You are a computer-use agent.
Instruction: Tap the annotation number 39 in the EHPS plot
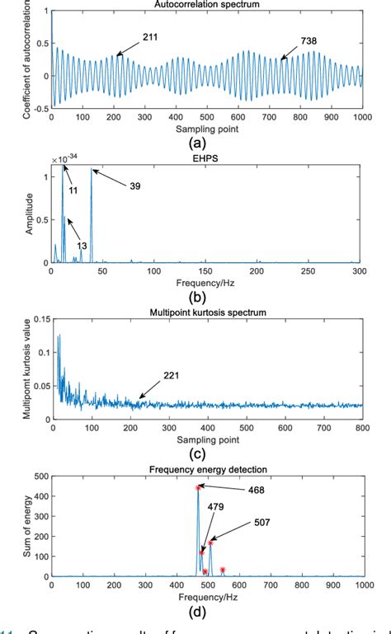click(134, 186)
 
